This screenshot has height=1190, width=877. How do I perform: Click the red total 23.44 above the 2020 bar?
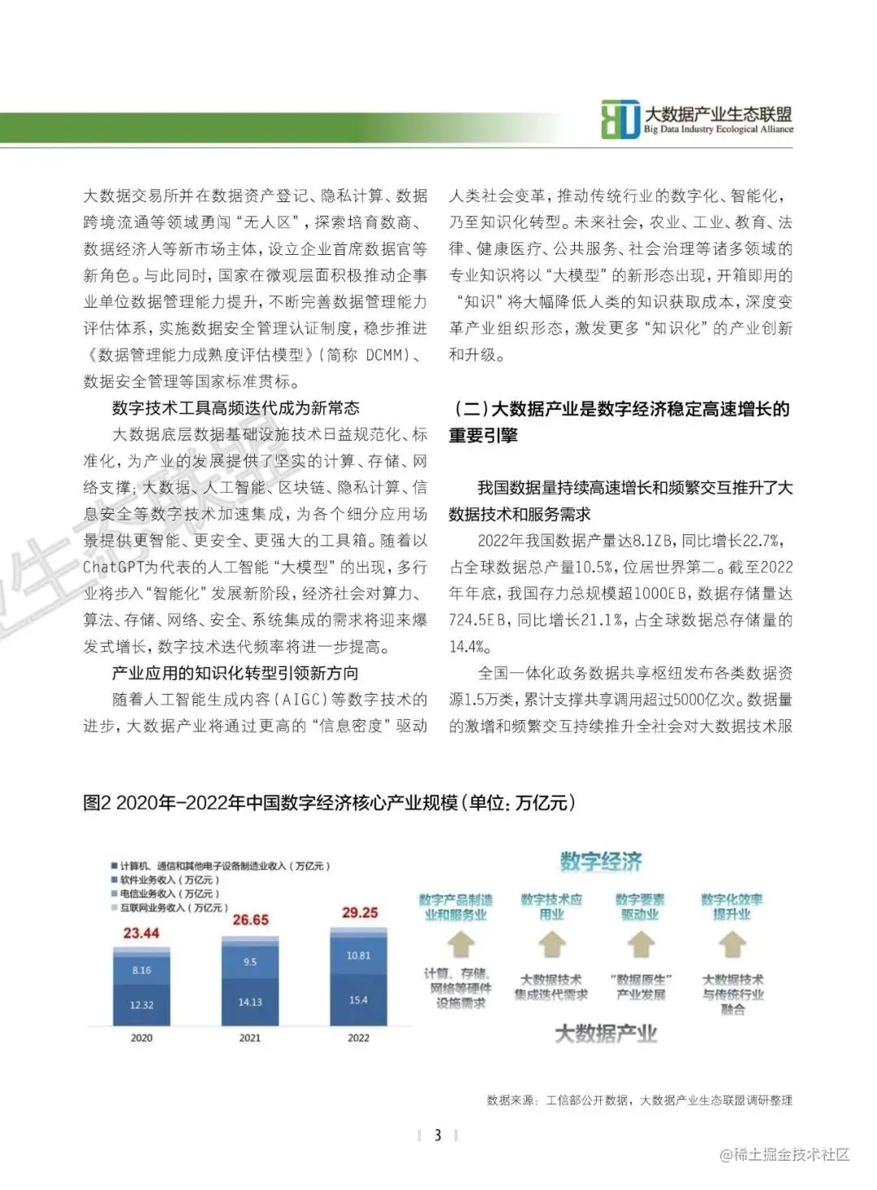click(x=141, y=933)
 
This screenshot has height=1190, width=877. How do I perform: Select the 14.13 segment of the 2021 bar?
click(x=250, y=1002)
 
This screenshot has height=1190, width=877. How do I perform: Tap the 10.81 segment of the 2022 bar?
click(x=358, y=955)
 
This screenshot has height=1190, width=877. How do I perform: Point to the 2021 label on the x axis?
click(x=250, y=1037)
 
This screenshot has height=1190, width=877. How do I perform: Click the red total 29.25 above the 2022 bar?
click(x=360, y=912)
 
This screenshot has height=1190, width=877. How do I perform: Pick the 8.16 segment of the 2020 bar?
click(x=141, y=970)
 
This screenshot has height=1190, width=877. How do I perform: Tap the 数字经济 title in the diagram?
click(x=601, y=861)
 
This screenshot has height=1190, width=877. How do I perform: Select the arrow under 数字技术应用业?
click(x=552, y=945)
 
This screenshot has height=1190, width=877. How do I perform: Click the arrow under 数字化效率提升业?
click(x=732, y=945)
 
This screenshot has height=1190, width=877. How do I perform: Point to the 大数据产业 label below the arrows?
click(x=606, y=1033)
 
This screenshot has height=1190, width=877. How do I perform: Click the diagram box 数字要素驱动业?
click(x=640, y=907)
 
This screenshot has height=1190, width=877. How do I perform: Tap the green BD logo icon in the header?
click(x=620, y=120)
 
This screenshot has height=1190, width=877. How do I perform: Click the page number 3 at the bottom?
click(x=438, y=1135)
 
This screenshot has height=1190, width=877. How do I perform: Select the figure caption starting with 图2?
click(x=330, y=803)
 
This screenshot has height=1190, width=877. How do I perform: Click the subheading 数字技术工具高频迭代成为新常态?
click(x=235, y=408)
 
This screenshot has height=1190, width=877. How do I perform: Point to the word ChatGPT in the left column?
click(x=114, y=567)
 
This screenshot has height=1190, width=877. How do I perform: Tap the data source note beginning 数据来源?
click(x=639, y=1100)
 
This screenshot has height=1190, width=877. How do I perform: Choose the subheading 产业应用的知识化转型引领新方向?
click(x=235, y=673)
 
